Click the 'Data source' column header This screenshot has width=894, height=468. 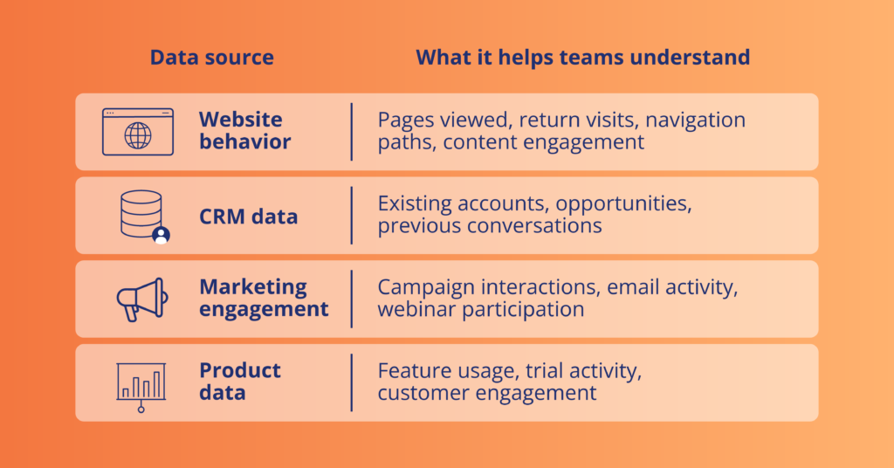211,58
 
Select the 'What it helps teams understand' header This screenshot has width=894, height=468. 582,58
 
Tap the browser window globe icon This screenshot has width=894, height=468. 138,132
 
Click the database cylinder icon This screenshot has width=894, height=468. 141,214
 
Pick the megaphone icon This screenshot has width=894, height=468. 142,299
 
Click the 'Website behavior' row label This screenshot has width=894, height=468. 244,131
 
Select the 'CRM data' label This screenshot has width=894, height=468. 248,217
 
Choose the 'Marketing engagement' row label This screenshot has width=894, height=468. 264,298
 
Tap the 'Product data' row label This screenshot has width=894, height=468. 239,382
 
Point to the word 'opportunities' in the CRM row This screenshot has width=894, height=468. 623,204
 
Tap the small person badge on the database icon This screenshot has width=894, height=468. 161,235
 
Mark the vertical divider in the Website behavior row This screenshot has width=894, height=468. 352,132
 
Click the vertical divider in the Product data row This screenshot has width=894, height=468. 352,382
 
